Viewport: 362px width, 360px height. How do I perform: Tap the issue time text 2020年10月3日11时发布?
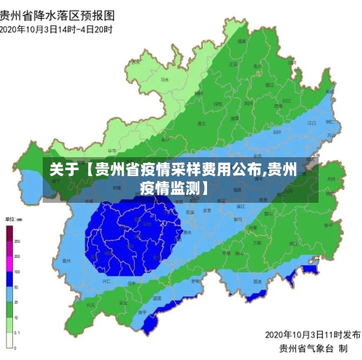(312, 335)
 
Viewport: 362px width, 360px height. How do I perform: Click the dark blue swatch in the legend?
(10, 279)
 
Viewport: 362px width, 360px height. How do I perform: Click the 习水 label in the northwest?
(165, 80)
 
